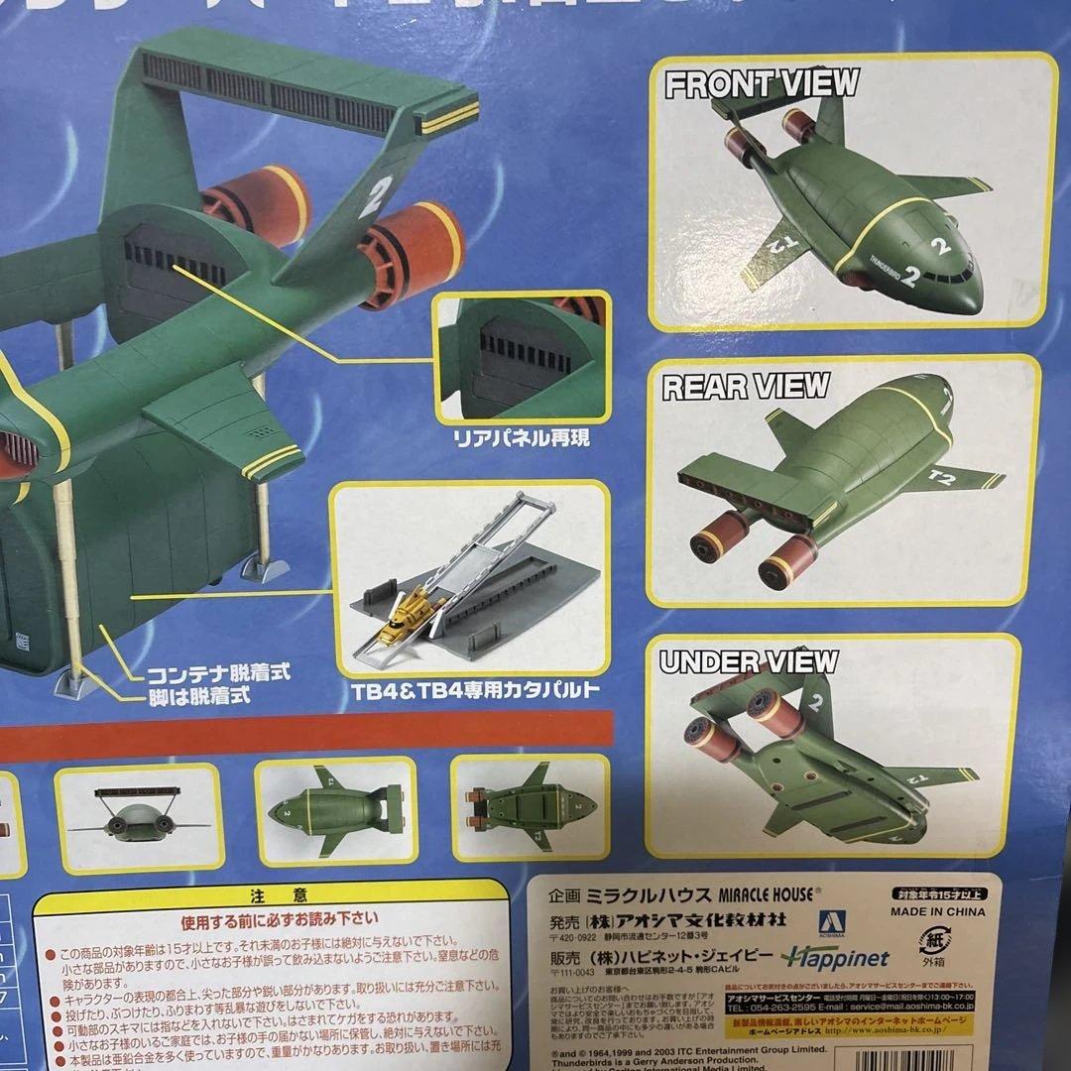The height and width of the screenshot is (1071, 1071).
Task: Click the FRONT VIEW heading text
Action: pyautogui.click(x=761, y=85)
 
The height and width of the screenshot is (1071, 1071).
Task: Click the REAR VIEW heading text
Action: pyautogui.click(x=746, y=386)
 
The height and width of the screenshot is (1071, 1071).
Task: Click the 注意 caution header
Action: pyautogui.click(x=270, y=893)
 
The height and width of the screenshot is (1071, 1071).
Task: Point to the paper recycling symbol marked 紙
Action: pyautogui.click(x=932, y=938)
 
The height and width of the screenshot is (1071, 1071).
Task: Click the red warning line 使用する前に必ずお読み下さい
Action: pyautogui.click(x=270, y=917)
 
